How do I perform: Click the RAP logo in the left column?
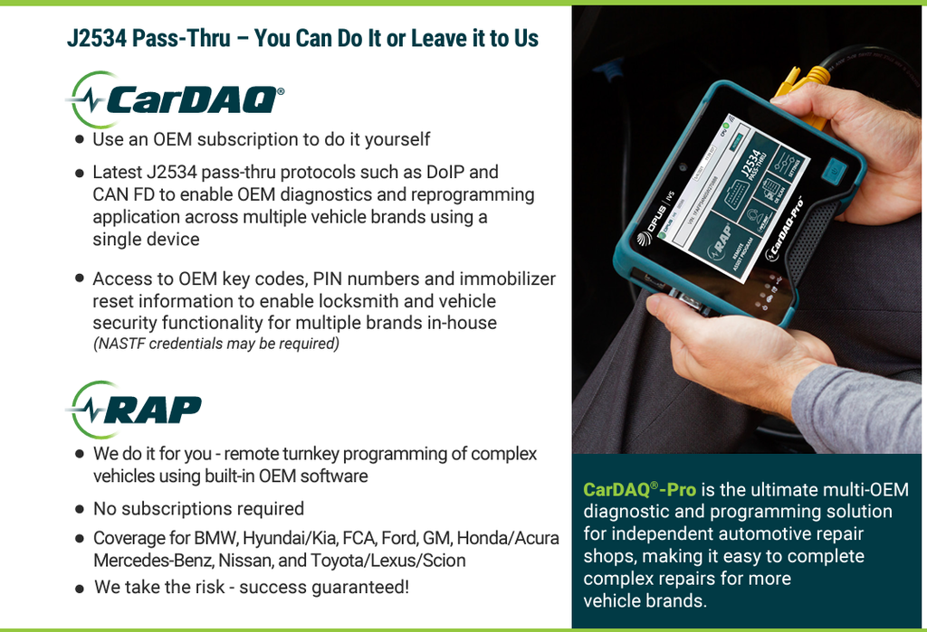(135, 410)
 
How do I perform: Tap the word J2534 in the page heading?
(96, 38)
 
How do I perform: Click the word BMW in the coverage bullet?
(214, 538)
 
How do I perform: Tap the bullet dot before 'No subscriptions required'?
(80, 509)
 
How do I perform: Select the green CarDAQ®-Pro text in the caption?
(639, 489)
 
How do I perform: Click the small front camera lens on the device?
(681, 168)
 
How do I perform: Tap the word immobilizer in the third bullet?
(507, 278)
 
